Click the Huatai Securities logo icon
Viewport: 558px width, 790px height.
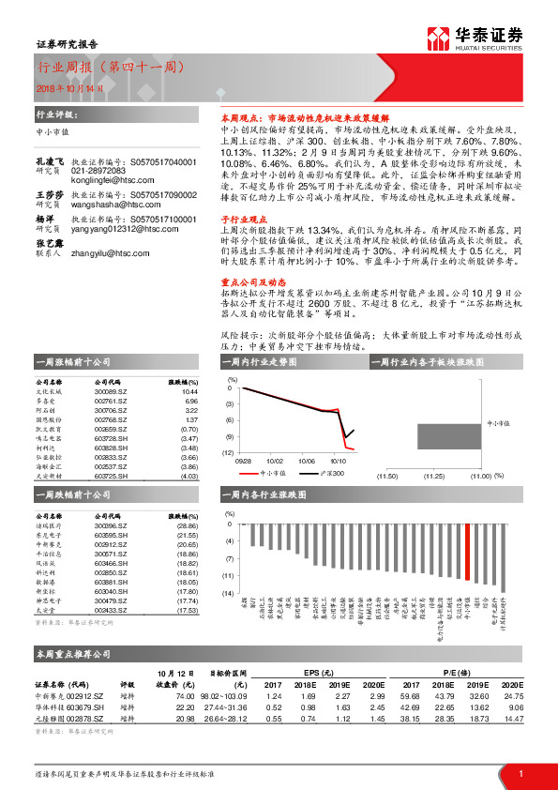(x=437, y=38)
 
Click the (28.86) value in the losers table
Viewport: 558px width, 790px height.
(x=189, y=527)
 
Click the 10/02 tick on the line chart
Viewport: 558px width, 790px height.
(x=274, y=461)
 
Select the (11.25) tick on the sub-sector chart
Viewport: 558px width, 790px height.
(x=433, y=477)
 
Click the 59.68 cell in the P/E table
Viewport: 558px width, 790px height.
(x=409, y=695)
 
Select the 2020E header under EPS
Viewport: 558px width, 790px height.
(x=374, y=684)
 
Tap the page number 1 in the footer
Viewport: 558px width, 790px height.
(x=520, y=772)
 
